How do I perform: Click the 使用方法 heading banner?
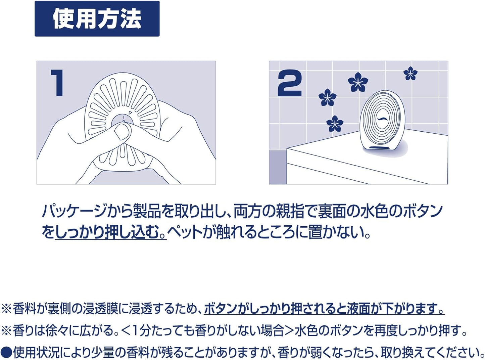[97, 18]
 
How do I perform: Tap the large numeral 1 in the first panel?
[57, 83]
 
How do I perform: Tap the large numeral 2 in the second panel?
[290, 83]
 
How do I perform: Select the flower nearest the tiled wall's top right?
[410, 73]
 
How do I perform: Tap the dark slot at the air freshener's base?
[380, 147]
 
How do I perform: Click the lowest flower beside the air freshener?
[335, 124]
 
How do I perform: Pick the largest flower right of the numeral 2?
[358, 82]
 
